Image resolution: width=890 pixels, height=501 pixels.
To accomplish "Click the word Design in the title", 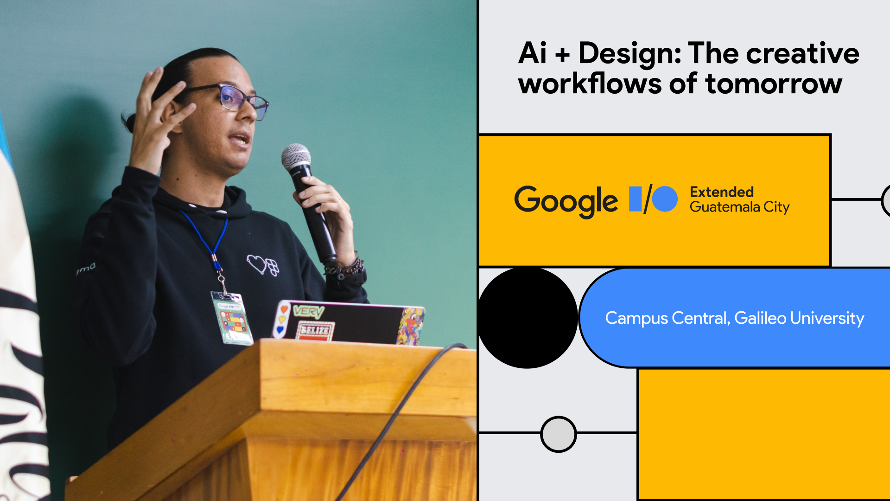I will point(629,54).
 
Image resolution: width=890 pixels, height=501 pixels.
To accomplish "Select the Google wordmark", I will point(566,201).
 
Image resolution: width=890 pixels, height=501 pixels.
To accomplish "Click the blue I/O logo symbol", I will point(653,199).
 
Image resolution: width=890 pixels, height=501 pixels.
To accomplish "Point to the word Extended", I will point(721,192).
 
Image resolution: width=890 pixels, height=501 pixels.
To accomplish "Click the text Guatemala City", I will point(739,207).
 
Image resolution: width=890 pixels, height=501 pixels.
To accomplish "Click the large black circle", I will point(528,318).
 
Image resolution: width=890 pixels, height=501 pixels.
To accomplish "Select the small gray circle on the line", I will point(559,434).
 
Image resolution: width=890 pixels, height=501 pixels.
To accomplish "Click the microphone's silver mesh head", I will point(296,156).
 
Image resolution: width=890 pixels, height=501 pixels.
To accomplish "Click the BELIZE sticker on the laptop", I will point(315,331).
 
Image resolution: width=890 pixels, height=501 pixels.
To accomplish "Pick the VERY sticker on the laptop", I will point(308,311).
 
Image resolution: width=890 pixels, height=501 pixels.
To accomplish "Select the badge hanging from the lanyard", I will point(231,318).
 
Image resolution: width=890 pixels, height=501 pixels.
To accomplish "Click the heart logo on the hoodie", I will point(262,265).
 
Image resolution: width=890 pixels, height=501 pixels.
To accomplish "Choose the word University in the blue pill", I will point(827,318).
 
